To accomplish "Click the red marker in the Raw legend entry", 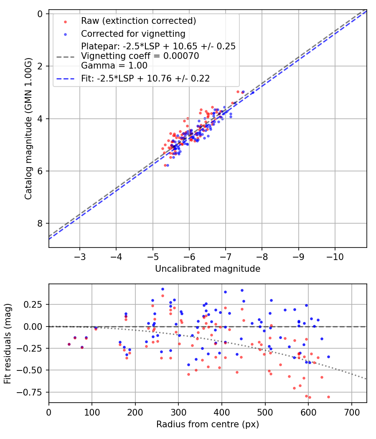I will pos(65,21).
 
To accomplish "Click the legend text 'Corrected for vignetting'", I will pos(133,33).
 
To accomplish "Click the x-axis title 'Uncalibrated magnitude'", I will pos(208,269).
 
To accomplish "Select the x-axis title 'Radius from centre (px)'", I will pos(208,424).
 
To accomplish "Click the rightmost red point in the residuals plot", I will pos(328,397).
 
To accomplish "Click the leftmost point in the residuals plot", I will pos(69,344).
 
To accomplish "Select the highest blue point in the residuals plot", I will pos(163,289).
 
